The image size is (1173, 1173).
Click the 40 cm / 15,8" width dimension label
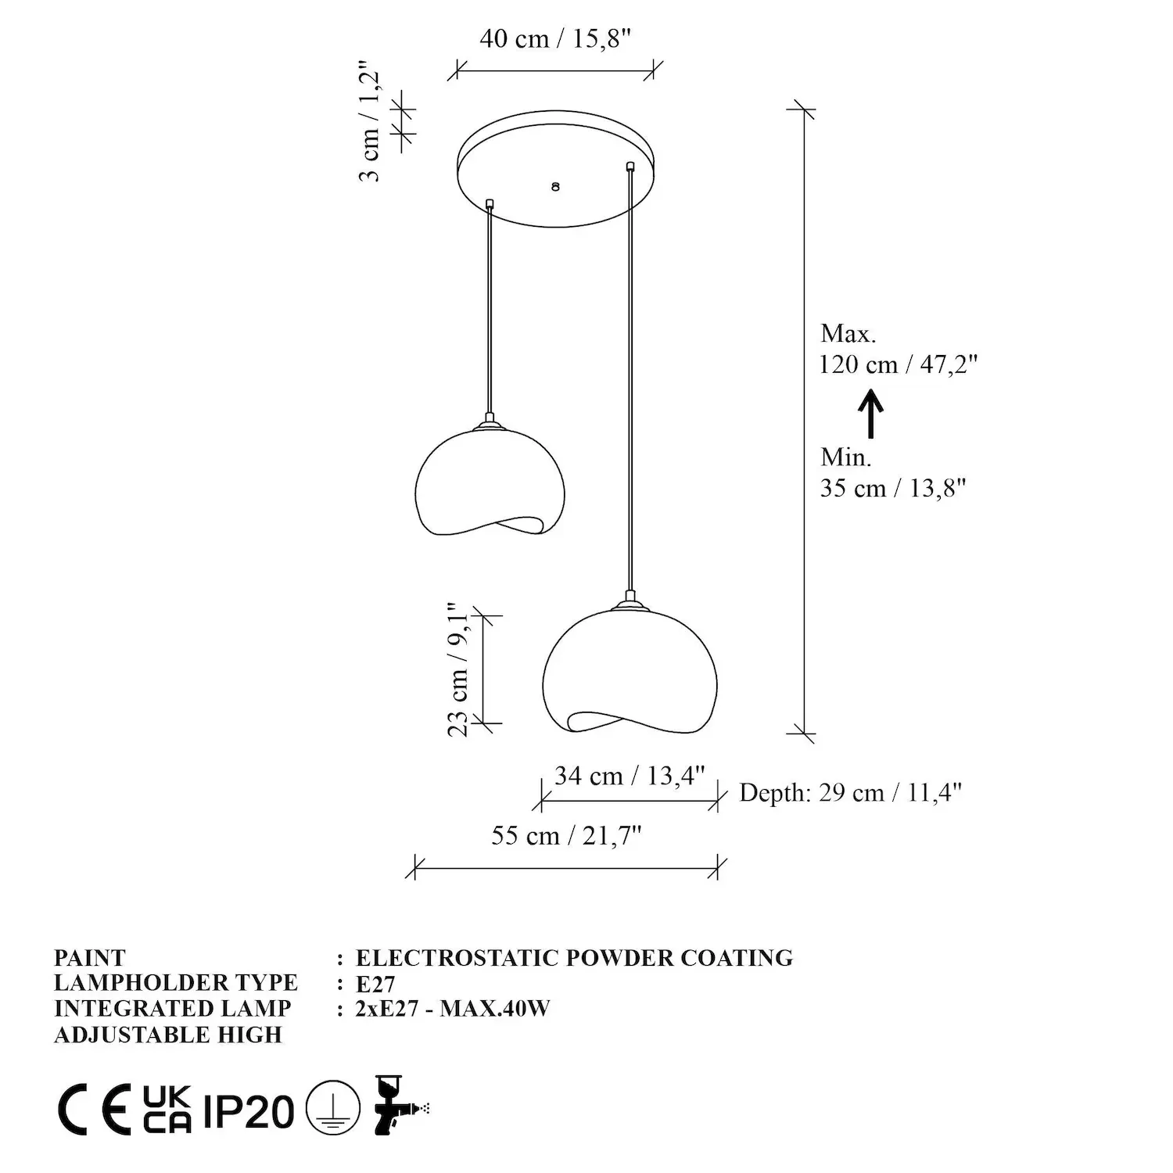pyautogui.click(x=554, y=38)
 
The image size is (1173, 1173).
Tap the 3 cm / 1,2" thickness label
pyautogui.click(x=371, y=122)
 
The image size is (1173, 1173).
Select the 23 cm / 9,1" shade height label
pyautogui.click(x=458, y=669)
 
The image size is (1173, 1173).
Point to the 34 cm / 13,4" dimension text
pyautogui.click(x=630, y=776)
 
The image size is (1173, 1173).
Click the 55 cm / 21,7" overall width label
pyautogui.click(x=566, y=835)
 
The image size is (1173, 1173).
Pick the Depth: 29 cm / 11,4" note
pyautogui.click(x=850, y=793)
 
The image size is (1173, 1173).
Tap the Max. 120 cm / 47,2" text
pyautogui.click(x=899, y=349)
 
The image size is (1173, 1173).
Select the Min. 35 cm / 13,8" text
pyautogui.click(x=893, y=472)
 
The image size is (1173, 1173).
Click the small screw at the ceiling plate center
pyautogui.click(x=555, y=187)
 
